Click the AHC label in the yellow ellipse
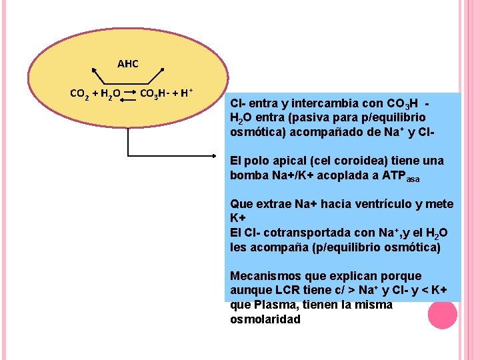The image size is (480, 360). coord(127,64)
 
